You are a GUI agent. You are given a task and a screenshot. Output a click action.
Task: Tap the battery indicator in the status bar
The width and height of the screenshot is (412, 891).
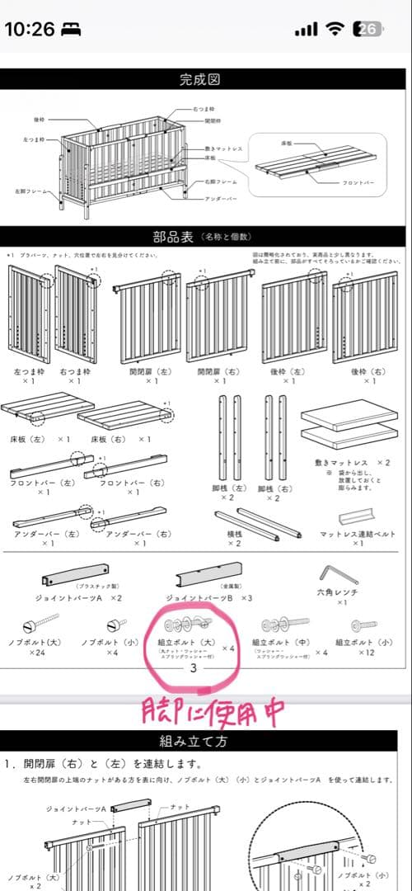367,30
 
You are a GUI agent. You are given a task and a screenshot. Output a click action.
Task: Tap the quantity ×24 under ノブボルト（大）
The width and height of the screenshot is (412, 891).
37,653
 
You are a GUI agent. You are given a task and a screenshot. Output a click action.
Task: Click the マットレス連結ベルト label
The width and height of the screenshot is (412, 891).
358,534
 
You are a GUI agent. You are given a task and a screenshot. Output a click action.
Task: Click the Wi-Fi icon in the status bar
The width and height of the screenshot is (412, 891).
335,30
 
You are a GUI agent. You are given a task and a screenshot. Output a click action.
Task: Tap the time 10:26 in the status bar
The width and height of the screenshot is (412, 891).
30,30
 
